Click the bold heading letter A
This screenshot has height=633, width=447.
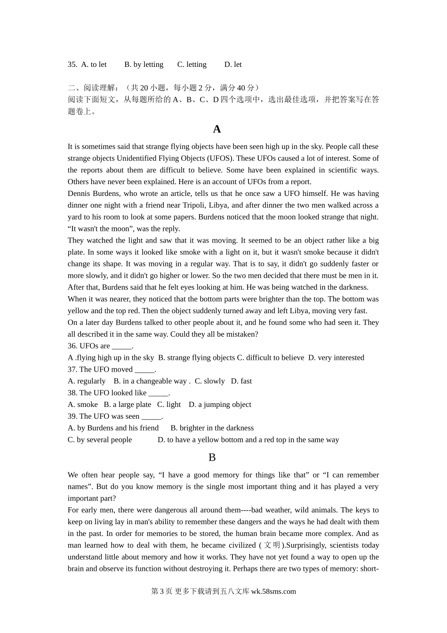(x=216, y=129)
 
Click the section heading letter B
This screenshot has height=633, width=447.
(x=212, y=457)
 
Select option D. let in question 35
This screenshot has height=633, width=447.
(x=233, y=65)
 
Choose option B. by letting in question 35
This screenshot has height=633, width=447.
(x=144, y=65)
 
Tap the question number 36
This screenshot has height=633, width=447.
(x=72, y=346)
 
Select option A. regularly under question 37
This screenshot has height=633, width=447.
(x=87, y=381)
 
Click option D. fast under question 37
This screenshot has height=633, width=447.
(x=241, y=381)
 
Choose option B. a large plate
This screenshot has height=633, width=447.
(x=128, y=405)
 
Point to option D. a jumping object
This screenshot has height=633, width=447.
(x=220, y=405)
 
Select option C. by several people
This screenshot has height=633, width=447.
(x=100, y=439)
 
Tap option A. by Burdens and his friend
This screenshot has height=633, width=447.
(x=113, y=428)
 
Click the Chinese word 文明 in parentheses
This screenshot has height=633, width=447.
(x=272, y=545)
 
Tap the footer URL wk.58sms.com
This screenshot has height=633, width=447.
(x=273, y=592)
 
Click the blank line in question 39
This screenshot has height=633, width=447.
(x=151, y=417)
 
